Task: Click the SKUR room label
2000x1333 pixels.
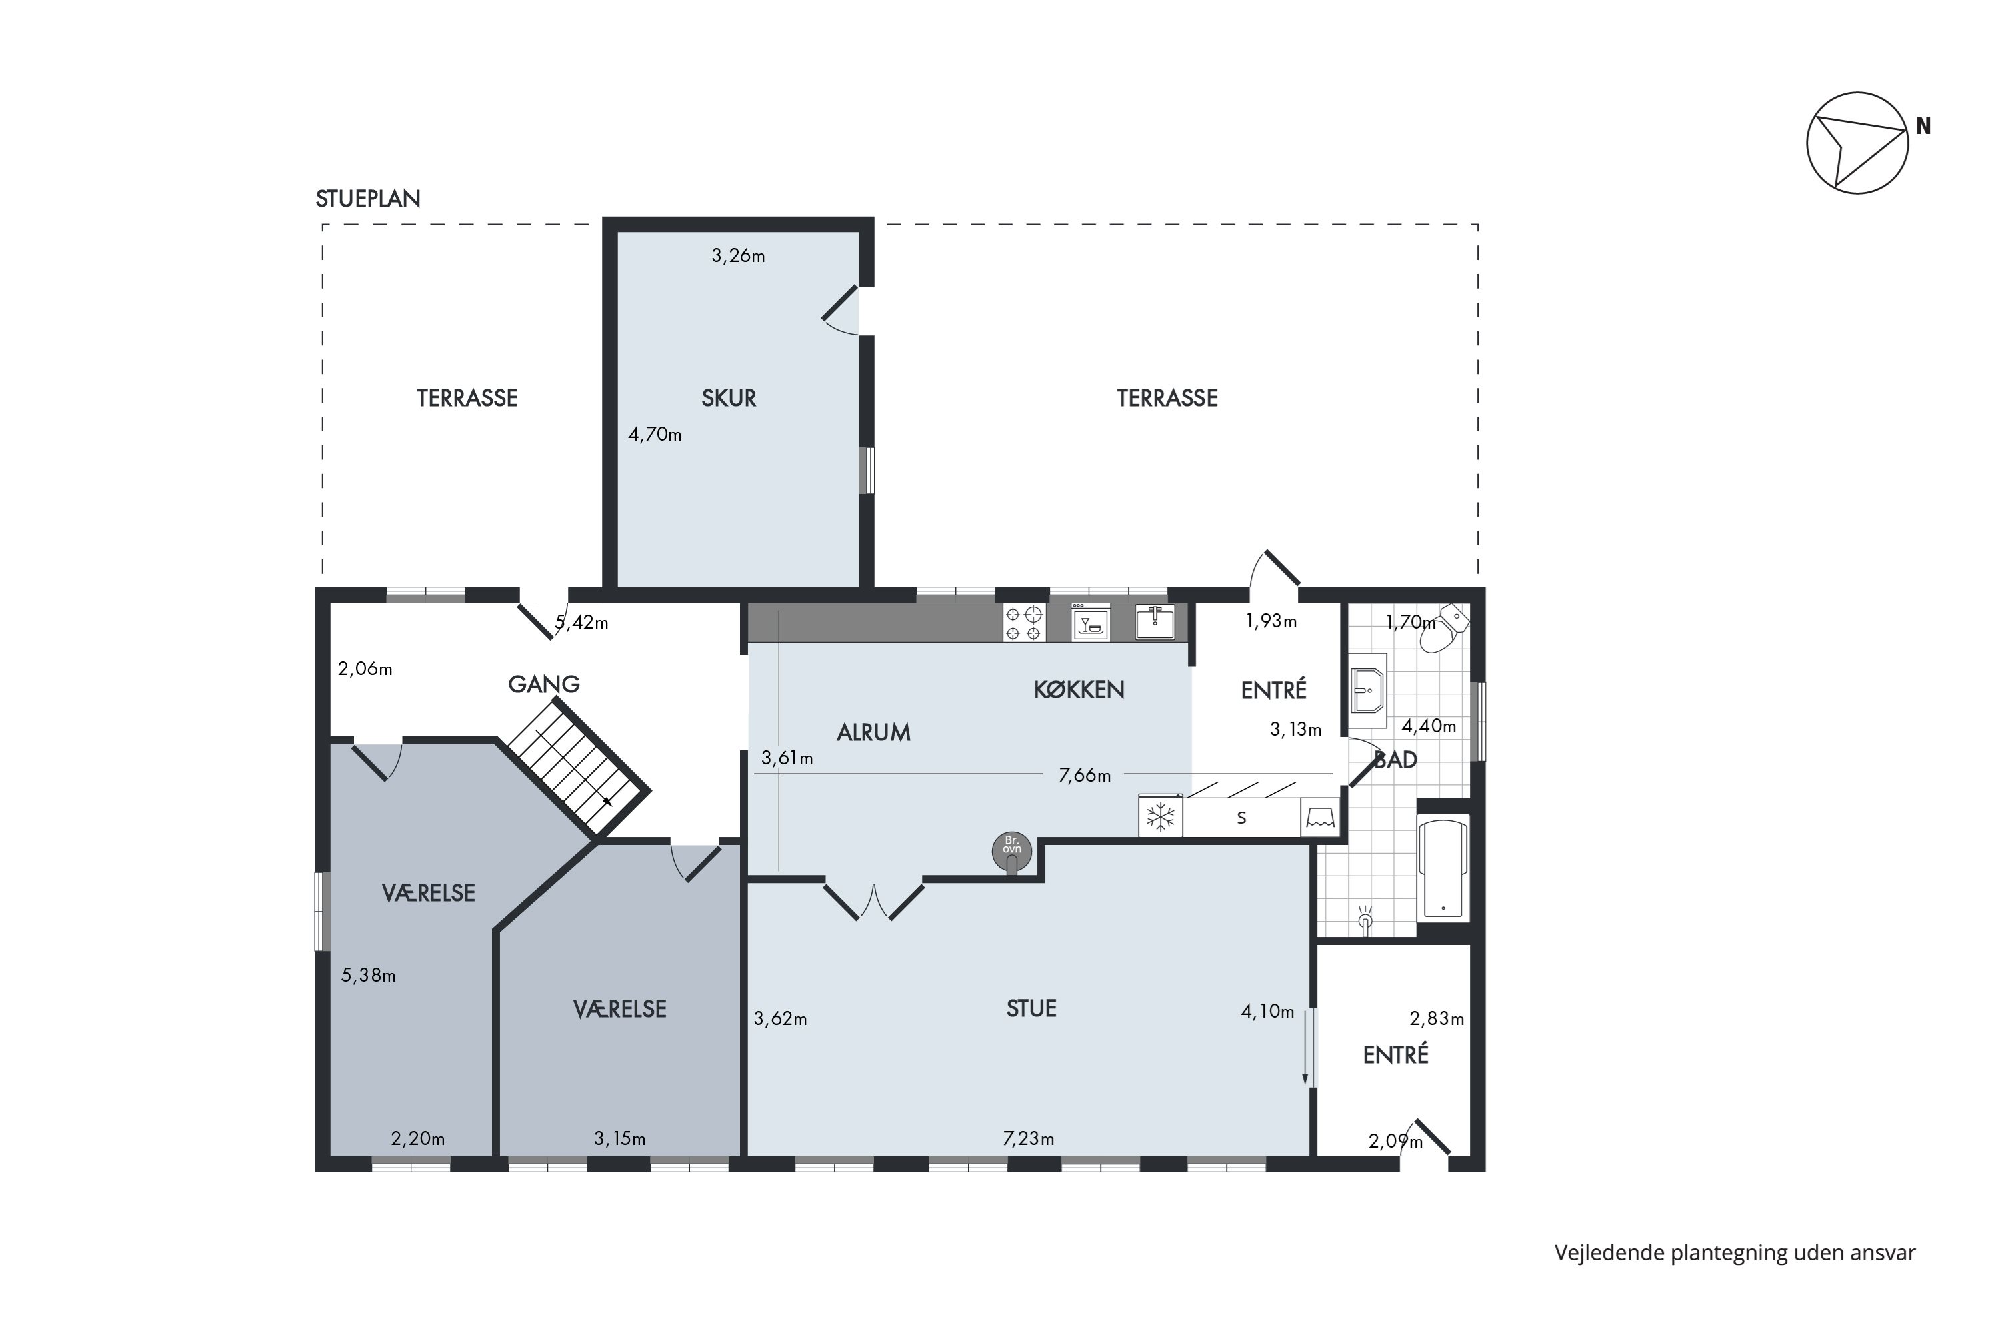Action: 729,398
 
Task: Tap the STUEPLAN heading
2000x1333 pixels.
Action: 368,199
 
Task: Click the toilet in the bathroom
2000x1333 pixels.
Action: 1451,627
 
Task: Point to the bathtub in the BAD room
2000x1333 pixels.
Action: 1444,869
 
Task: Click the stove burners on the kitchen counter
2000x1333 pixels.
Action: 1024,623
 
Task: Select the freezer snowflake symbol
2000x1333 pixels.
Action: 1161,818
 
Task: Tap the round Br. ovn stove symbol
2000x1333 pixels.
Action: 1012,851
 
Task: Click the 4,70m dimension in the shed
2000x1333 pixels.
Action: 655,435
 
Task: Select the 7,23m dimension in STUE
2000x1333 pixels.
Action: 1028,1138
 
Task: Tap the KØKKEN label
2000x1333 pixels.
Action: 1079,690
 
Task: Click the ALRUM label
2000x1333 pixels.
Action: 873,732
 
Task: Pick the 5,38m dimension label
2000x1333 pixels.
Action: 368,975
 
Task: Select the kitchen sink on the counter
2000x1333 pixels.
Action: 1155,623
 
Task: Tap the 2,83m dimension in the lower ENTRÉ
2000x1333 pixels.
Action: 1437,1018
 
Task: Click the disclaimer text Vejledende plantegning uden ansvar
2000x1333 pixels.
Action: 1735,1253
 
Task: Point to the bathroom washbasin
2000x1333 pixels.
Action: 1368,690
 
